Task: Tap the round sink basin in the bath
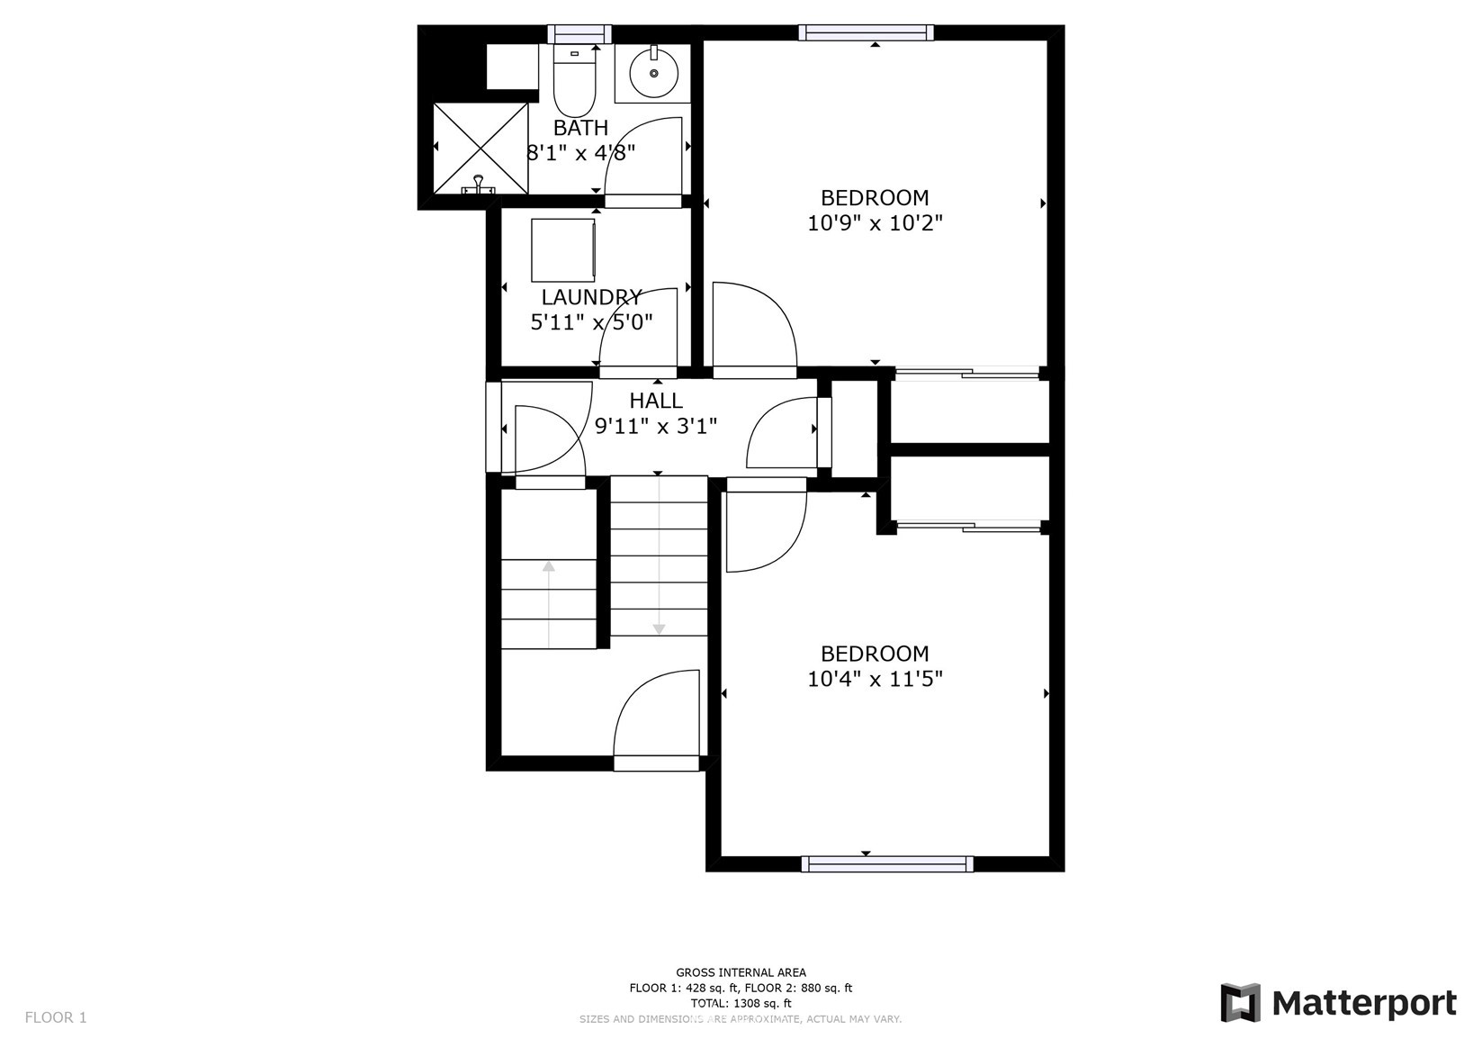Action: (x=653, y=74)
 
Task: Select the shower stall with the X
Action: (x=481, y=149)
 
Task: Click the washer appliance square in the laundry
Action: (x=563, y=250)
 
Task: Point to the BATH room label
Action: (x=580, y=127)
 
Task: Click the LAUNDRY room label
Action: (x=591, y=296)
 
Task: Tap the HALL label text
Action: (x=656, y=401)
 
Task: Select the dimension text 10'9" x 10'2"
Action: (x=875, y=223)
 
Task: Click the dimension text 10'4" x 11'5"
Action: (x=875, y=679)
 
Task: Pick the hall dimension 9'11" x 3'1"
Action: (x=656, y=426)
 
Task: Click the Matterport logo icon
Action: (x=1240, y=1003)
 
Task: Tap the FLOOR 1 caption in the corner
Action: (x=56, y=1017)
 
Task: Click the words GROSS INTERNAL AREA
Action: (x=741, y=972)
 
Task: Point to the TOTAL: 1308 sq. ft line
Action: (x=741, y=1003)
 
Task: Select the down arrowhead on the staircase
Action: (x=659, y=629)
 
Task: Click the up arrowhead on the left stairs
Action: (x=549, y=566)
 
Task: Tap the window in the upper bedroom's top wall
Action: (x=866, y=32)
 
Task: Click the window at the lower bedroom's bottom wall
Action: (x=887, y=864)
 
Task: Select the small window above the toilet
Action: (x=579, y=33)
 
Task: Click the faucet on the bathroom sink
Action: (x=653, y=53)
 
